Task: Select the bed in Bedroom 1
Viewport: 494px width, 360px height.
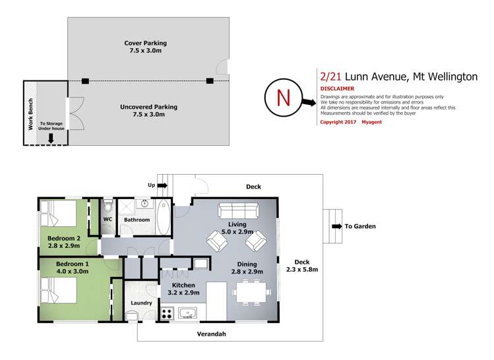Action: coord(58,289)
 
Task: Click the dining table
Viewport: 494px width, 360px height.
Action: coord(251,290)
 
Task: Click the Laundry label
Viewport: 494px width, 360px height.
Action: coord(141,303)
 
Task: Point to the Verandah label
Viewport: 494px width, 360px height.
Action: coord(211,334)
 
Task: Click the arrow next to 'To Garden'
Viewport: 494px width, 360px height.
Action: coord(337,226)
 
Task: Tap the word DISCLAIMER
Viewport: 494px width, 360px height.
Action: coord(337,88)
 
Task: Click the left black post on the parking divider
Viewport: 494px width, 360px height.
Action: coord(85,81)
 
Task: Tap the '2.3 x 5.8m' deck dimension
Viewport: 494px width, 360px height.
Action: coord(302,269)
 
